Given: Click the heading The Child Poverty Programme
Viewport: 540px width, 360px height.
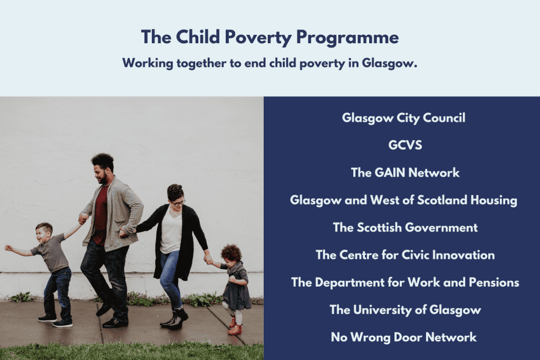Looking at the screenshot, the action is tap(270, 37).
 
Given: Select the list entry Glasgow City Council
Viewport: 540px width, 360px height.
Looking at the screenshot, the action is tap(403, 118).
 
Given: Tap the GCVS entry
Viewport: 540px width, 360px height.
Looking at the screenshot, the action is tap(405, 145).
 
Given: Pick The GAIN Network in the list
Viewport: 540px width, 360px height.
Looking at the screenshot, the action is tap(405, 172).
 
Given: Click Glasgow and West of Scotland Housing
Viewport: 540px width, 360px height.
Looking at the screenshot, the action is tap(403, 200).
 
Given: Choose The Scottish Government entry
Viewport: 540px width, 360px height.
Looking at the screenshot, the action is tap(406, 227).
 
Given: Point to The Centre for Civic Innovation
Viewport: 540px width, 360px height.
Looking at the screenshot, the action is tap(406, 255).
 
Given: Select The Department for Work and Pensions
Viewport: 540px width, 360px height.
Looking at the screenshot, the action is tap(406, 282).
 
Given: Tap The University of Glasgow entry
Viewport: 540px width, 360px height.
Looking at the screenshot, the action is tap(406, 310).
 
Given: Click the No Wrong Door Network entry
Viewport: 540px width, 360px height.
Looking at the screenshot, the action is tap(403, 337).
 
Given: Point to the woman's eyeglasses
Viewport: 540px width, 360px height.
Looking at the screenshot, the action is tap(178, 202).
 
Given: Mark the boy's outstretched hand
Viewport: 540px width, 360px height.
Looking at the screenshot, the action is tap(8, 248).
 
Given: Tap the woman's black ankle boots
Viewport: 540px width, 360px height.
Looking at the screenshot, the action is tap(175, 318).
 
